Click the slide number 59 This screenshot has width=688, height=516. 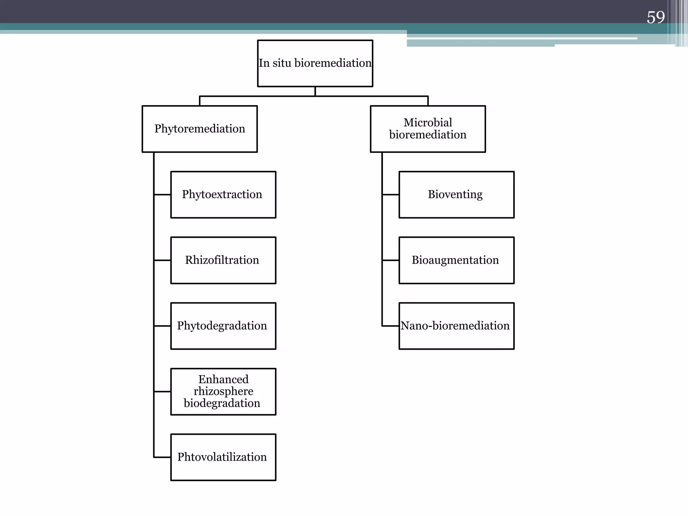tap(655, 17)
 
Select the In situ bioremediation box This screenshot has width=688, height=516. tap(315, 63)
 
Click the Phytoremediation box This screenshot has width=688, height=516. tap(200, 129)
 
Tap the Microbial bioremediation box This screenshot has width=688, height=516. tap(428, 129)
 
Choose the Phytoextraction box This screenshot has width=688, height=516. tap(223, 195)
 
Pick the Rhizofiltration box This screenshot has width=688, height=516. tap(223, 260)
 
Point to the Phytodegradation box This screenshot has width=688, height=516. tap(223, 326)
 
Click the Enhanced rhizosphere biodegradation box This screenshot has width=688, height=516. tap(223, 392)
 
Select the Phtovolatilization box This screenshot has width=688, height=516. tap(223, 457)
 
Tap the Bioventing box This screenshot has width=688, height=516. tap(456, 195)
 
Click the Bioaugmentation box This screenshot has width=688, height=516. tap(456, 260)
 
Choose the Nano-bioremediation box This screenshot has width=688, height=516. tap(456, 326)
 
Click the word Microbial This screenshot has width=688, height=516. tap(428, 123)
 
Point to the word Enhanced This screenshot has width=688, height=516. tap(223, 379)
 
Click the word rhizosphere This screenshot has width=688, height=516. tap(223, 391)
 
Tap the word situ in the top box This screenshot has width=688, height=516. tap(282, 63)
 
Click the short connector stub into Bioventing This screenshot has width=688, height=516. tap(390, 195)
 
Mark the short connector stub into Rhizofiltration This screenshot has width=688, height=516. tap(162, 260)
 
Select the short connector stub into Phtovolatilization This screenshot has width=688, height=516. tap(162, 457)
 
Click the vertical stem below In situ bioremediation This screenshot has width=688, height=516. tap(315, 91)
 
